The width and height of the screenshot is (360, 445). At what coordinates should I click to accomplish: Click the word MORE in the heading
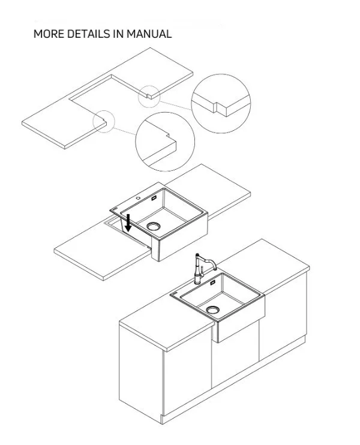coord(49,34)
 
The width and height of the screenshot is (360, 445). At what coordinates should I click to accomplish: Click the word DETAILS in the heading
coord(88,34)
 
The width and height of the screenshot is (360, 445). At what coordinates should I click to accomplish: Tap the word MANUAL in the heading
coord(149,34)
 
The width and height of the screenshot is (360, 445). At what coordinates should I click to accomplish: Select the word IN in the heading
coord(118,34)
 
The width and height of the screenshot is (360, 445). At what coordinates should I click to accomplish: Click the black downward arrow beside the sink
coord(128,222)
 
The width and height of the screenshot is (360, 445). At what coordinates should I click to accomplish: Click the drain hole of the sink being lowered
coord(154,226)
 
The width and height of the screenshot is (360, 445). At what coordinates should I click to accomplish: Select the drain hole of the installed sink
coord(213,309)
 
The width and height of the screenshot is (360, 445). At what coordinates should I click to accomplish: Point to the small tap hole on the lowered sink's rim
coord(138,197)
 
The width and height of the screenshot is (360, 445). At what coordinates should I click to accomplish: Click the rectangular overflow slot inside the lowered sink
coord(154,198)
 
